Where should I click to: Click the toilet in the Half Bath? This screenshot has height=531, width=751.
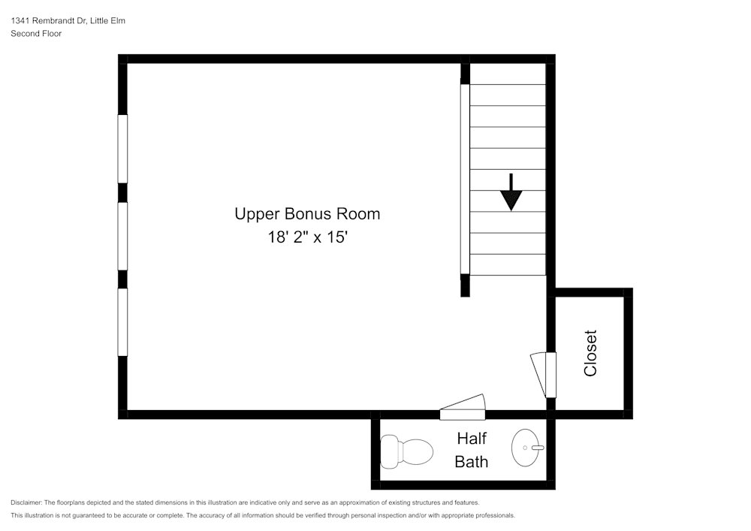click(x=407, y=451)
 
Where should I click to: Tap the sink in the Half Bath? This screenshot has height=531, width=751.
click(x=528, y=448)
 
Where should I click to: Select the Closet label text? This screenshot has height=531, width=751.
click(x=590, y=353)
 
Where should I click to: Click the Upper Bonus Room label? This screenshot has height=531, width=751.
click(x=307, y=214)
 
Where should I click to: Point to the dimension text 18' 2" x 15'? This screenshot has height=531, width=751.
click(x=307, y=237)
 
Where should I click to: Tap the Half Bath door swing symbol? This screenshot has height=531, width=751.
click(x=463, y=407)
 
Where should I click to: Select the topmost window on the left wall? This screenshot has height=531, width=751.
click(x=122, y=148)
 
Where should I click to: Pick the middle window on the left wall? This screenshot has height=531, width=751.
click(x=122, y=236)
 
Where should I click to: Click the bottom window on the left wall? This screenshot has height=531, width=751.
click(x=122, y=322)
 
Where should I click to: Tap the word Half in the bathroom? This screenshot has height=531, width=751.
click(x=472, y=439)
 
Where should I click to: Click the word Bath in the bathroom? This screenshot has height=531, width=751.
click(x=472, y=461)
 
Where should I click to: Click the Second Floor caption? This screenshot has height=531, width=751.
click(x=36, y=34)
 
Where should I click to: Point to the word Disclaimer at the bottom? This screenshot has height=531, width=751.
click(x=27, y=502)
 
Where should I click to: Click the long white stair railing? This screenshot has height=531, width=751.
click(x=465, y=180)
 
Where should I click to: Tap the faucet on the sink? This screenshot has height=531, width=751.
click(x=537, y=448)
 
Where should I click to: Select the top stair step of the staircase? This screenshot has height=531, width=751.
click(x=508, y=74)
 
